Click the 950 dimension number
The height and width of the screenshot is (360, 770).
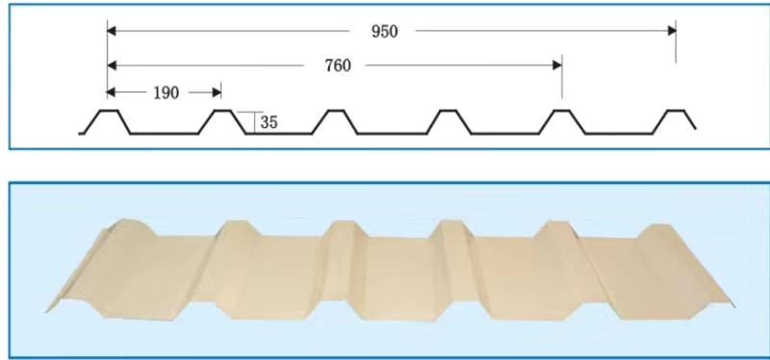click(384, 32)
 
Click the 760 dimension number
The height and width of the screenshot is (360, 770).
click(338, 65)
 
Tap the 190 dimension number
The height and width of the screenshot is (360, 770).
click(167, 92)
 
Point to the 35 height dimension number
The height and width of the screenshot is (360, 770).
click(269, 122)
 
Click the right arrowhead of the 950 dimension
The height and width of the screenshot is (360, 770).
click(672, 31)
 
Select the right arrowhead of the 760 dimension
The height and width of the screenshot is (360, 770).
click(557, 65)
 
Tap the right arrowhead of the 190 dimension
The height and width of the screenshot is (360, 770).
click(217, 91)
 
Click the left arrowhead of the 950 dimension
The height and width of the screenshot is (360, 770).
click(112, 31)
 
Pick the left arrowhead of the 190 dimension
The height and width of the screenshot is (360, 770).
click(112, 91)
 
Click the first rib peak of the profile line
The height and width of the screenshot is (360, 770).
click(110, 111)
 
